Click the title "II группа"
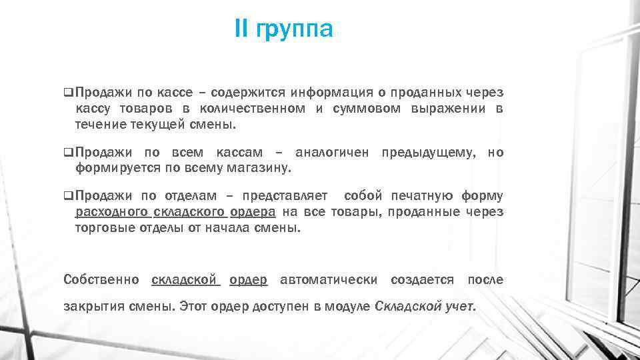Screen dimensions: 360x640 pyautogui.click(x=283, y=29)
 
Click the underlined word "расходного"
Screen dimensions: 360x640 pyautogui.click(x=111, y=213)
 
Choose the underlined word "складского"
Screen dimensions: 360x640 pyautogui.click(x=190, y=213)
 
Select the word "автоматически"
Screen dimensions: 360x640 pyautogui.click(x=329, y=279)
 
